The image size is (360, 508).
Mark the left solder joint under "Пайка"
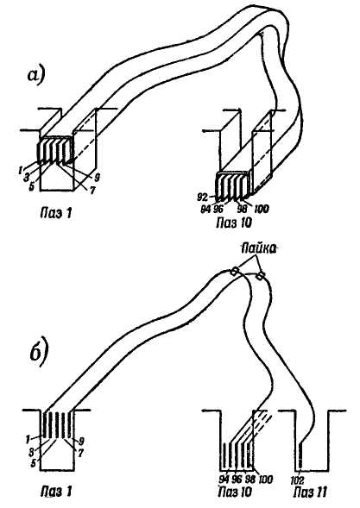pyautogui.click(x=233, y=273)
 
